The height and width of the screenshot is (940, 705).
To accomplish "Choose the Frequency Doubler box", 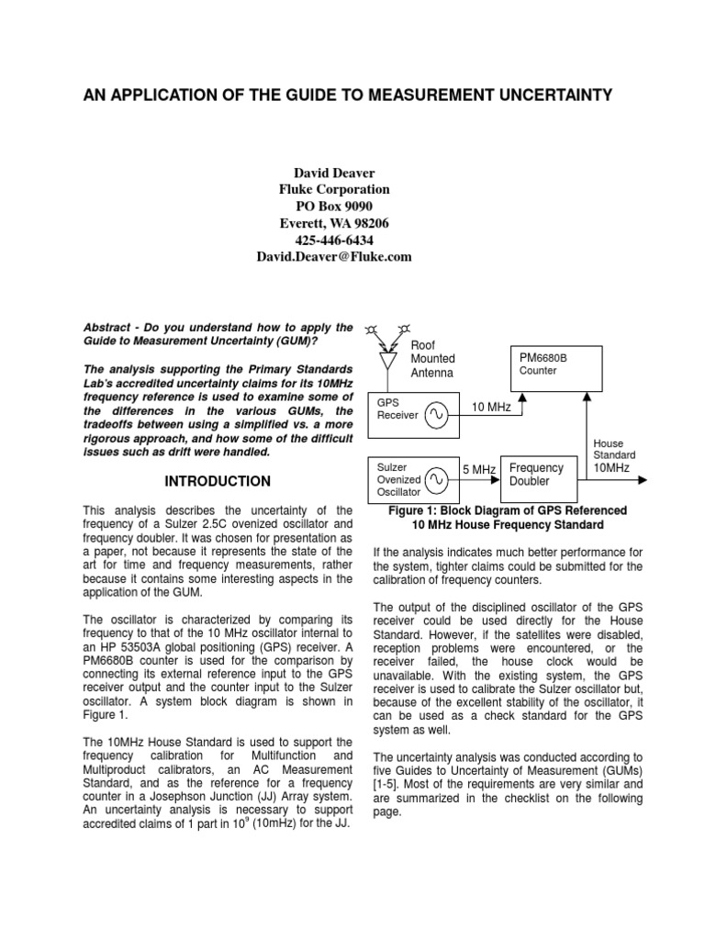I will coord(536,475).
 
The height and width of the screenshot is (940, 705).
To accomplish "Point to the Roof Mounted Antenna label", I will coord(432,359).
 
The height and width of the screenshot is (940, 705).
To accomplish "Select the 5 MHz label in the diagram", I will coord(478,470).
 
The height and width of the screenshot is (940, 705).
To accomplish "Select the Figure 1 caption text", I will coord(508,518).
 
